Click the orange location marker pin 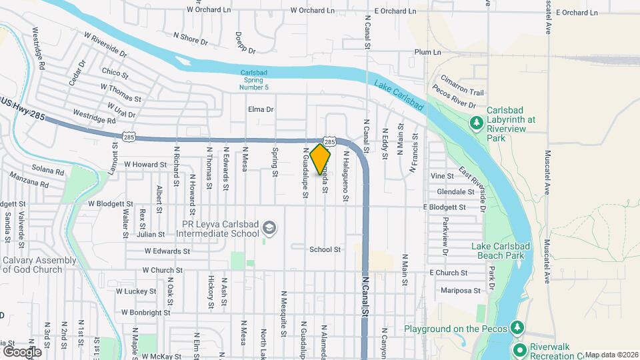click(321, 159)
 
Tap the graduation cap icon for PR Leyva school click(269, 228)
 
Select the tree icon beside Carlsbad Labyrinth click(476, 123)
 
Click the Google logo click(22, 351)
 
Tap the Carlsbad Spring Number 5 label click(254, 79)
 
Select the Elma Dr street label click(261, 109)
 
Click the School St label click(325, 249)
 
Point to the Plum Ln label click(427, 52)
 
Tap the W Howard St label click(145, 164)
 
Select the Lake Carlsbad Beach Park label click(501, 251)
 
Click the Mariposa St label click(461, 290)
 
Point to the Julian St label click(151, 234)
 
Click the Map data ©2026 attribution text click(611, 355)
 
